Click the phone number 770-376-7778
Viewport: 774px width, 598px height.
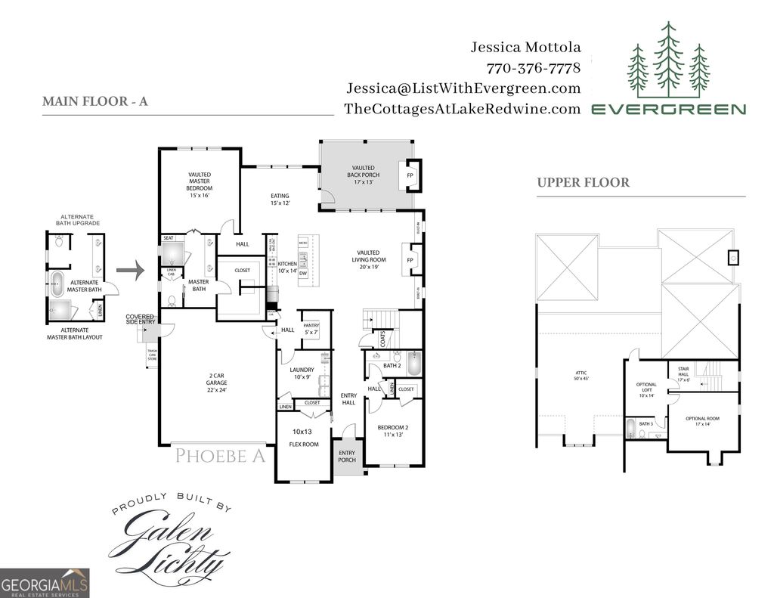534,68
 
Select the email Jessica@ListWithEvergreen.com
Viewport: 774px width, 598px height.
463,88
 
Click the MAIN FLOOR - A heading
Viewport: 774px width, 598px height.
94,101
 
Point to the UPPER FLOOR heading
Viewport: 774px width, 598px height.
584,182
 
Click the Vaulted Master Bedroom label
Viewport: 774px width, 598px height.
200,184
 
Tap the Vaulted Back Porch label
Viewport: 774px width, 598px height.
364,175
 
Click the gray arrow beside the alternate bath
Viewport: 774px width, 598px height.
129,270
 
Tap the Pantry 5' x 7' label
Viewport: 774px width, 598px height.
311,329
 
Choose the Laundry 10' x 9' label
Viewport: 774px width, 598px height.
302,373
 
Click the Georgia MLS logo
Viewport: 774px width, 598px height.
45,583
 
